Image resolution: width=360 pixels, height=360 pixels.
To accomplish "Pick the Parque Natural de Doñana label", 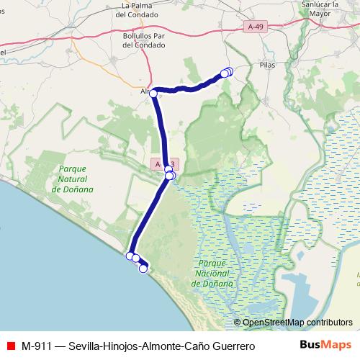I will [73, 179].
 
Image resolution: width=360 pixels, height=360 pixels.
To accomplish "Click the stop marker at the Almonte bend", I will [153, 94].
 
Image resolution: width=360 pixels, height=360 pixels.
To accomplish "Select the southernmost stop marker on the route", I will [143, 269].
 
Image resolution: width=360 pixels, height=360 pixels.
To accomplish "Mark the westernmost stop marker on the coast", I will [130, 256].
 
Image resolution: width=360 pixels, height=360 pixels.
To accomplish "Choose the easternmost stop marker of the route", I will [229, 71].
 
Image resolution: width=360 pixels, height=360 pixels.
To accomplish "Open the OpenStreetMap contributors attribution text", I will [297, 322].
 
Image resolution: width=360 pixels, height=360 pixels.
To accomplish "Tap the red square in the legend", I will [11, 346].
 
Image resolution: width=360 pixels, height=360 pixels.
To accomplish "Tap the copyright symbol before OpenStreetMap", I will [238, 322].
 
